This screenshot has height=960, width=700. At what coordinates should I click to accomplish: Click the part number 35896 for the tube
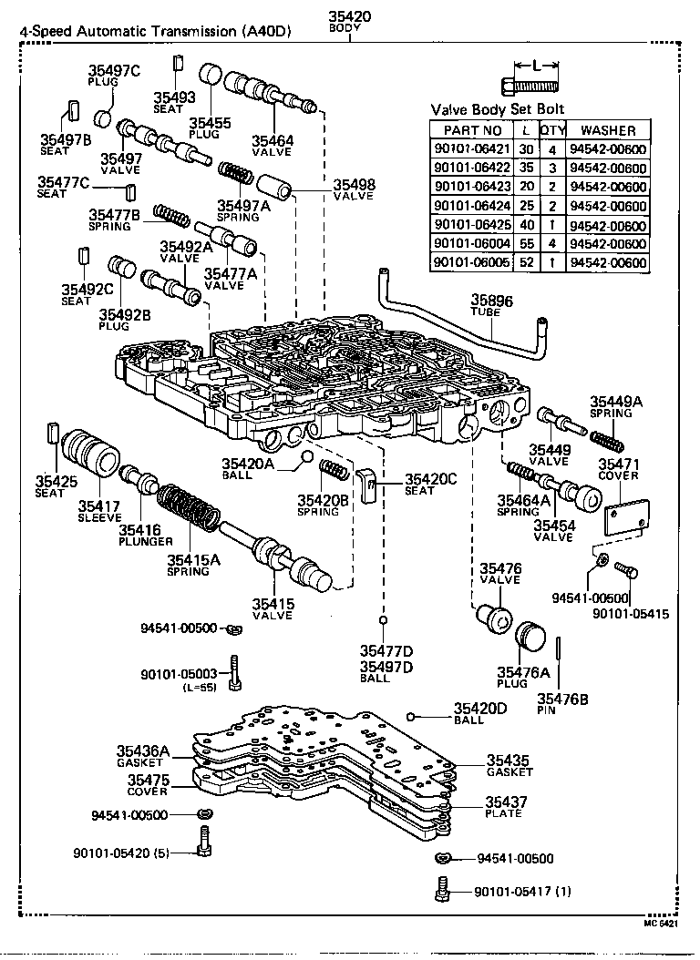point(492,299)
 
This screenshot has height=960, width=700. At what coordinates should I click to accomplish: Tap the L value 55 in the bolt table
point(526,244)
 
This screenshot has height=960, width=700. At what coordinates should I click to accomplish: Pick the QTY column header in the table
point(552,130)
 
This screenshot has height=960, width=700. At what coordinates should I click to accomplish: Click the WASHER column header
point(608,130)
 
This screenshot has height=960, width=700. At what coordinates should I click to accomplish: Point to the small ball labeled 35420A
point(308,456)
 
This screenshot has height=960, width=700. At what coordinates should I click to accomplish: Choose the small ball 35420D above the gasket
point(412,715)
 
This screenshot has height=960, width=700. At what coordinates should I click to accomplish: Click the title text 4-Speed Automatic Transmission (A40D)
point(156,31)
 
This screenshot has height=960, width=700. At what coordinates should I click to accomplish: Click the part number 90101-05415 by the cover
point(630,614)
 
